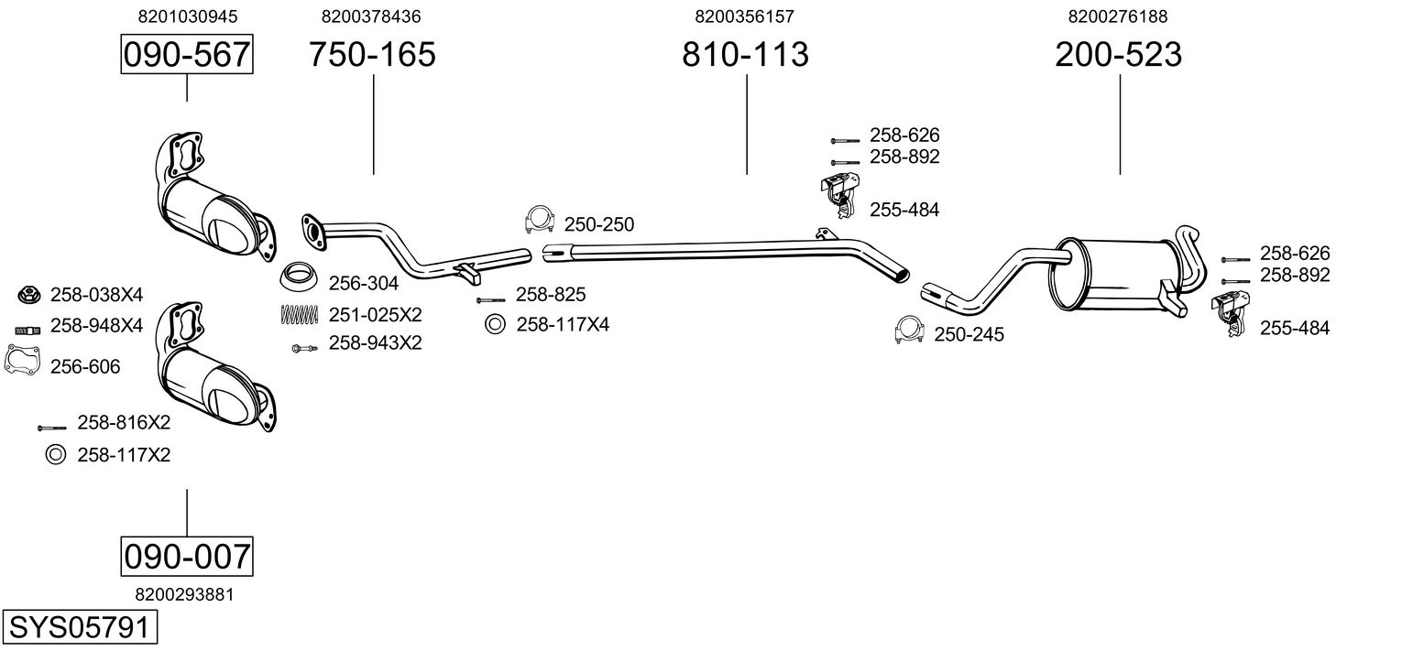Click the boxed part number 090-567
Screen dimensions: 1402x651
pos(187,54)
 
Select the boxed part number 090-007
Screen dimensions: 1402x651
pos(187,556)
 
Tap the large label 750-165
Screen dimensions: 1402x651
pos(372,54)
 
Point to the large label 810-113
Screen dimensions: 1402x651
pos(745,54)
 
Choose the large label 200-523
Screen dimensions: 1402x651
pos(1119,54)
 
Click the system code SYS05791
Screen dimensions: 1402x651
pos(80,627)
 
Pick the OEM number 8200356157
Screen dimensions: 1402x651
pos(744,16)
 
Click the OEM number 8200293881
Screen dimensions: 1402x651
pos(184,594)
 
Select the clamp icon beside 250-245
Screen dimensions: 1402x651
pos(910,331)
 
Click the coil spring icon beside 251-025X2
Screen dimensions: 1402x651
pos(299,315)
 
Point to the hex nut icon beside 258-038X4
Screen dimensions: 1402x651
pos(27,295)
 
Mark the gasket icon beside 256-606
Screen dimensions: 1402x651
pos(23,361)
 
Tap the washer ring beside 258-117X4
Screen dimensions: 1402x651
pos(495,324)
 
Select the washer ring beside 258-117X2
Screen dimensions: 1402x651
pos(56,455)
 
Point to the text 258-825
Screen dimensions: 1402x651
pos(550,295)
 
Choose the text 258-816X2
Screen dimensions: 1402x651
pos(124,423)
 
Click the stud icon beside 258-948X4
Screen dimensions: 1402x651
pos(27,331)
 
